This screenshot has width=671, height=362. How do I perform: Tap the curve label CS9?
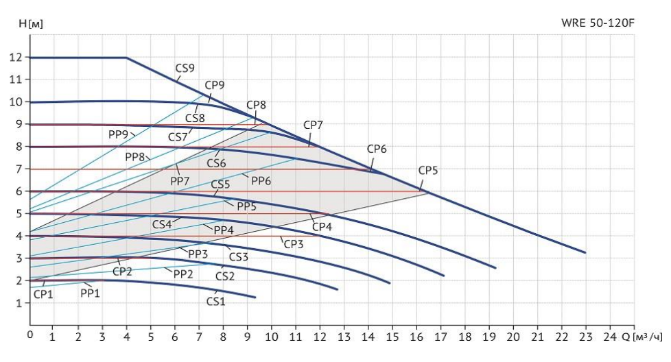[x=185, y=69]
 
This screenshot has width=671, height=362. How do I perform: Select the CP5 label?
[x=427, y=171]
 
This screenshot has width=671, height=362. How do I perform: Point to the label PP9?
[x=119, y=134]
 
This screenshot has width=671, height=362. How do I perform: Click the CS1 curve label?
[x=215, y=300]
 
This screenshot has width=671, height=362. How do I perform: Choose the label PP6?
[x=261, y=181]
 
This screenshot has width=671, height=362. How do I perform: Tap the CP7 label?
[x=313, y=125]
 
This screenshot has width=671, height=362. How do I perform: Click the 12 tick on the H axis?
[x=16, y=58]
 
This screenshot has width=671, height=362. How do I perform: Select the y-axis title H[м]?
[x=31, y=23]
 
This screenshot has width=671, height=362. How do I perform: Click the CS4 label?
[x=162, y=224]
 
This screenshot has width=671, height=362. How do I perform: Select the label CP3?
[x=293, y=243]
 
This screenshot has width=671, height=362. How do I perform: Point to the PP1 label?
[x=90, y=293]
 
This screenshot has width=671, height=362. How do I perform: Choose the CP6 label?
[x=377, y=149]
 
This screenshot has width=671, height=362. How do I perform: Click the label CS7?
[x=178, y=137]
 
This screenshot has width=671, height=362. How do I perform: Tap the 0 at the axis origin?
[x=30, y=335]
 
